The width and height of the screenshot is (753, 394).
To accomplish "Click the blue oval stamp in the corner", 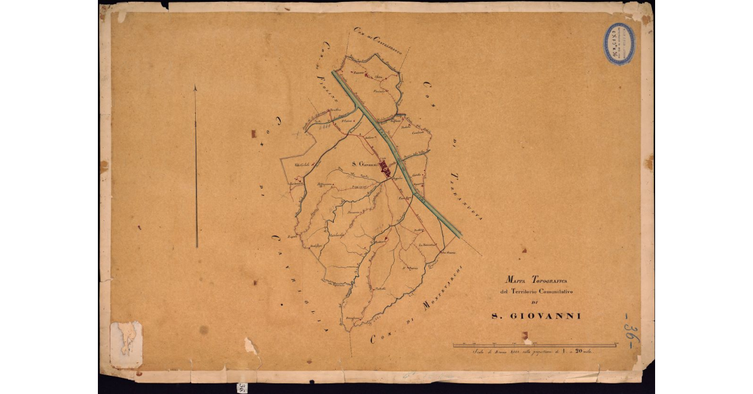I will point(619,43).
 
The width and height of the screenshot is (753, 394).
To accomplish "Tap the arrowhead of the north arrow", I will point(195,89).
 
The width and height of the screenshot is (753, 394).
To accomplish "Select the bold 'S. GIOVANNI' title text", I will point(535,316).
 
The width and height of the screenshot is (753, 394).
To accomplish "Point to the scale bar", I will point(535,345).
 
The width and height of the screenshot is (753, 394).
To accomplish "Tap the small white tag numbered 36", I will point(242,386).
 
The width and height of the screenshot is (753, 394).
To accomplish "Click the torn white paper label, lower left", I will point(126,344).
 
